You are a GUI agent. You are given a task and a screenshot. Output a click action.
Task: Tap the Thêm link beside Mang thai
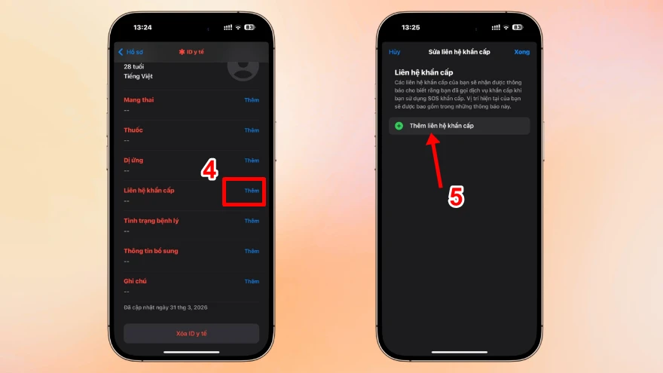[251, 100]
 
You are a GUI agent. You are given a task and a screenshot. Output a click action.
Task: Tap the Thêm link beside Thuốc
[251, 130]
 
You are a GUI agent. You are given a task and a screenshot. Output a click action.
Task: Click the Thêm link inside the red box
[251, 191]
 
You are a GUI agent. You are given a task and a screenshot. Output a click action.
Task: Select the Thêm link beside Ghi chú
[251, 281]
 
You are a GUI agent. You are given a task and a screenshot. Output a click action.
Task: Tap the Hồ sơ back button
[130, 52]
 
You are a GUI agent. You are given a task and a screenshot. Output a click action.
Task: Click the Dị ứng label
[133, 161]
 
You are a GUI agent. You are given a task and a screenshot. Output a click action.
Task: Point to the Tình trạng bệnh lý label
[151, 221]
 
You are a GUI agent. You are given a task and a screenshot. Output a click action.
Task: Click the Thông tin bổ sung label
[151, 251]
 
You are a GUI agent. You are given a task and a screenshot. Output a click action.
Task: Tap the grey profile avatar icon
[243, 66]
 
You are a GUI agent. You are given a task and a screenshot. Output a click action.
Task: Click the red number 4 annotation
[209, 170]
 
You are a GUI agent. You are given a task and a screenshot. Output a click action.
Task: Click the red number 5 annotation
[456, 197]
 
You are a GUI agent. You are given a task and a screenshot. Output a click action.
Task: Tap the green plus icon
[399, 126]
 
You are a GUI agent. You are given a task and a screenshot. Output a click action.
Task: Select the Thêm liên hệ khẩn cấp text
[441, 126]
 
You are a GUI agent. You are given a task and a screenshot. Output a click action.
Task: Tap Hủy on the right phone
[395, 52]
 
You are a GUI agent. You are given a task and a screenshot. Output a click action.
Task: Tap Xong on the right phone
[521, 52]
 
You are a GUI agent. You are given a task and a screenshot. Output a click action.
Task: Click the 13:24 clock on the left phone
[142, 27]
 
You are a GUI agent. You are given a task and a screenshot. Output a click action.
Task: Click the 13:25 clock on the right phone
[411, 27]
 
